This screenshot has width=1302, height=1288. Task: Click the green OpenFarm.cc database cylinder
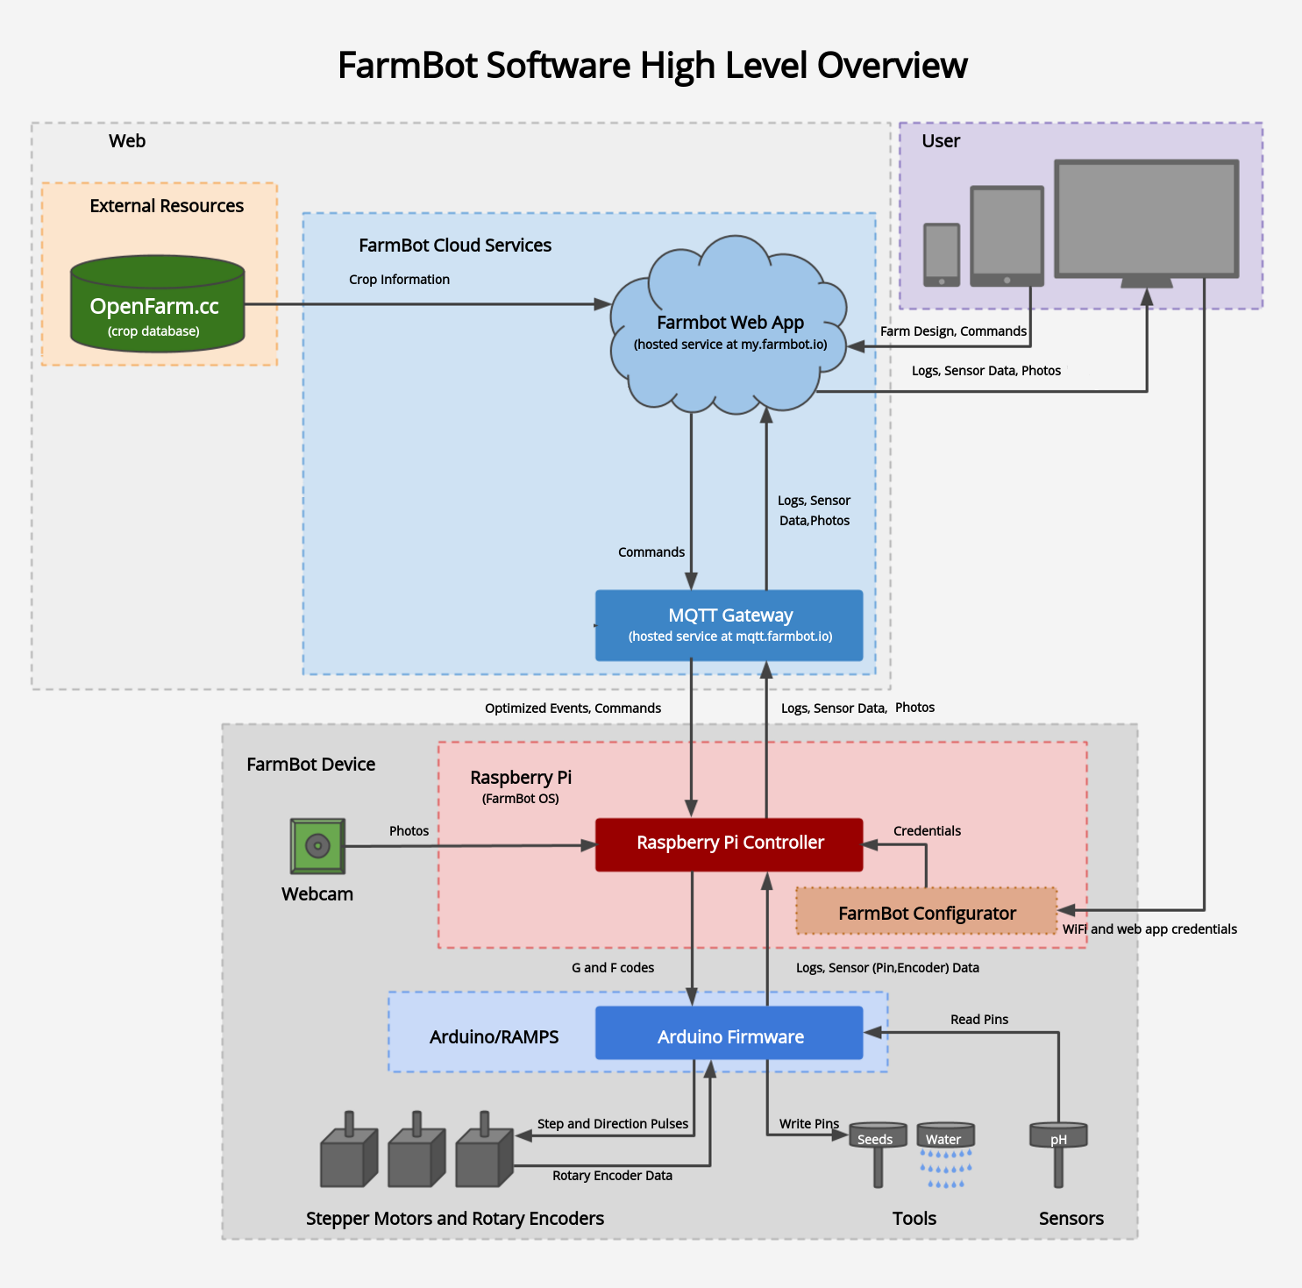point(157,304)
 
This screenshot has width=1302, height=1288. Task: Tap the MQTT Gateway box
point(729,625)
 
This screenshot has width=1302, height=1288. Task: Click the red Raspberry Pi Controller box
point(729,843)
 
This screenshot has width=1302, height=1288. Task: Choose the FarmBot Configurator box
point(926,913)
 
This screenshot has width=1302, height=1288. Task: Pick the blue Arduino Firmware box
point(729,1035)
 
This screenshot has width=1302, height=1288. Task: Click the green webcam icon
point(317,846)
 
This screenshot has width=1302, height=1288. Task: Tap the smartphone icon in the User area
point(942,254)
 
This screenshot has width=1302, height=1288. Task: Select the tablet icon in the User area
point(1007,236)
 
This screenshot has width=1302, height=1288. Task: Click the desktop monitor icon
point(1146,221)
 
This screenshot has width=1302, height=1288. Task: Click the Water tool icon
point(945,1152)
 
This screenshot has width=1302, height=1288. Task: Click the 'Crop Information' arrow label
point(399,280)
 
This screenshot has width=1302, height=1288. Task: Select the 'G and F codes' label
point(613,968)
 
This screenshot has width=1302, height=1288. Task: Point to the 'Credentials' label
point(927,831)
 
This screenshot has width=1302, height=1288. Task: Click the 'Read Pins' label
point(979,1020)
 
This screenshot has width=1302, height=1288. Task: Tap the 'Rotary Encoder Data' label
point(612,1176)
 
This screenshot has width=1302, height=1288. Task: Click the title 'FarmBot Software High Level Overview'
point(652,66)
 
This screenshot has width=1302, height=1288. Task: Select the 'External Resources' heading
point(167,206)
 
